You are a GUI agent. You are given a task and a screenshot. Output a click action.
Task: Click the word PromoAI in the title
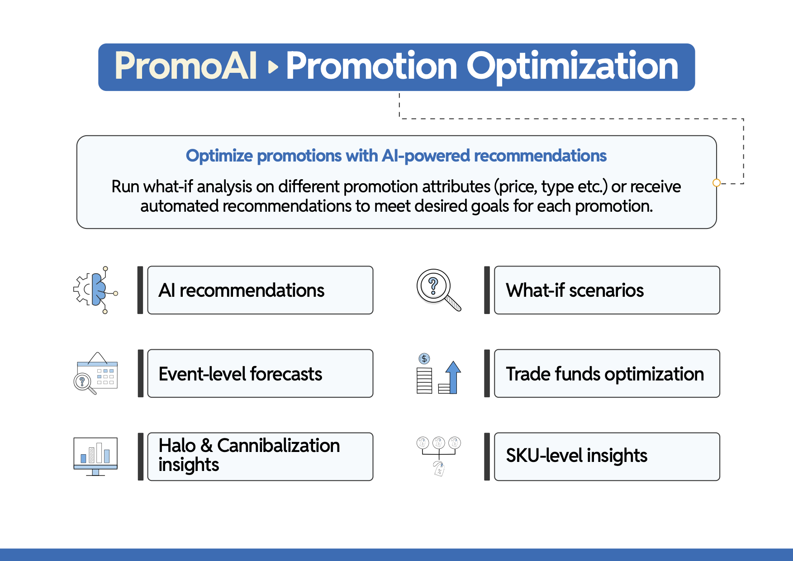(x=186, y=66)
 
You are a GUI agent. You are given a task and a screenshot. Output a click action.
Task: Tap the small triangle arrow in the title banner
(x=273, y=67)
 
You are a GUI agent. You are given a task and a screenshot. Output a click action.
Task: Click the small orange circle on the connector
(x=717, y=183)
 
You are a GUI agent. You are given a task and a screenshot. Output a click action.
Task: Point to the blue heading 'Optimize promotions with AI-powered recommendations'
(x=396, y=156)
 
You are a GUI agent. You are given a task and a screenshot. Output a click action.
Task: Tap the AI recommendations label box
(x=260, y=290)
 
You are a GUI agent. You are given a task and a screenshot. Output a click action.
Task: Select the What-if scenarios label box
(x=607, y=290)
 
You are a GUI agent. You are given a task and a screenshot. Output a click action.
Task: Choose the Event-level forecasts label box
(x=260, y=373)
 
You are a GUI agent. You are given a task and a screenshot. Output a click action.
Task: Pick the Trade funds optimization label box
(x=607, y=373)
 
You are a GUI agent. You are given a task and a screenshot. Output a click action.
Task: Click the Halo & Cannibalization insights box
(x=260, y=456)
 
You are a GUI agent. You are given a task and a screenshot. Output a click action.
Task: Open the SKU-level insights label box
(x=607, y=456)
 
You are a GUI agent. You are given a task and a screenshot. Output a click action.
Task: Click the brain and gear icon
(x=95, y=290)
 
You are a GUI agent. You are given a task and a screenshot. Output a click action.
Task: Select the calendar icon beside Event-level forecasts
(x=95, y=373)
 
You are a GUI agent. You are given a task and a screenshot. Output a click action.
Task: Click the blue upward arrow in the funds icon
(x=453, y=376)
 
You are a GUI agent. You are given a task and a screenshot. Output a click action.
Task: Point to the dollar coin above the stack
(x=424, y=359)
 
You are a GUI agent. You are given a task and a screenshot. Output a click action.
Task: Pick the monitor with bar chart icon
(x=95, y=456)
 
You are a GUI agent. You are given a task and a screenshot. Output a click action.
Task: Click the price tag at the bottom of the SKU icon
(x=439, y=470)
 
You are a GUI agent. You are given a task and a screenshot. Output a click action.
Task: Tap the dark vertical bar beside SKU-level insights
(x=487, y=456)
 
